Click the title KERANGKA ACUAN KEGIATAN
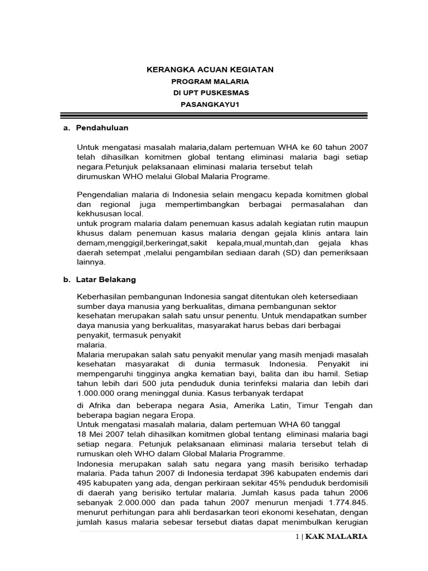click(x=210, y=69)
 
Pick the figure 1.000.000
click(x=97, y=394)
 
